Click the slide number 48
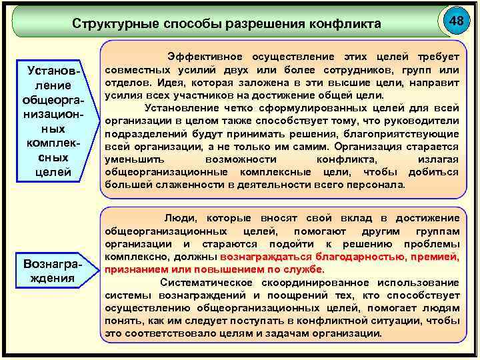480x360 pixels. point(457,21)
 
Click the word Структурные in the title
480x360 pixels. point(113,24)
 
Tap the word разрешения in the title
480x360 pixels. point(261,24)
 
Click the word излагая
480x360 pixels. point(437,160)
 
